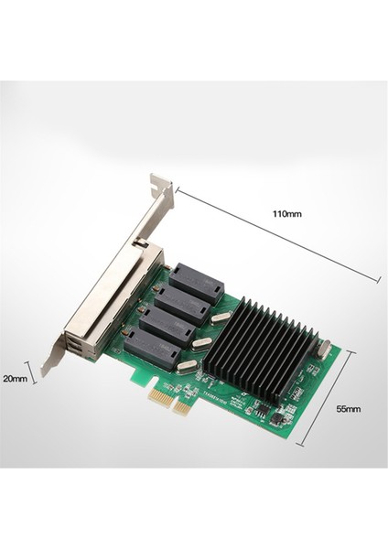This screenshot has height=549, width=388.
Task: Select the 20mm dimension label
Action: click(x=16, y=377)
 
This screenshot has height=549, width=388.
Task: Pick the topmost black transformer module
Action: click(x=195, y=283)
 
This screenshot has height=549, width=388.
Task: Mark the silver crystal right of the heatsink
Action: click(x=322, y=348)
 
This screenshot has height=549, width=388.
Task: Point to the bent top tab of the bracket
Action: click(x=161, y=186)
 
